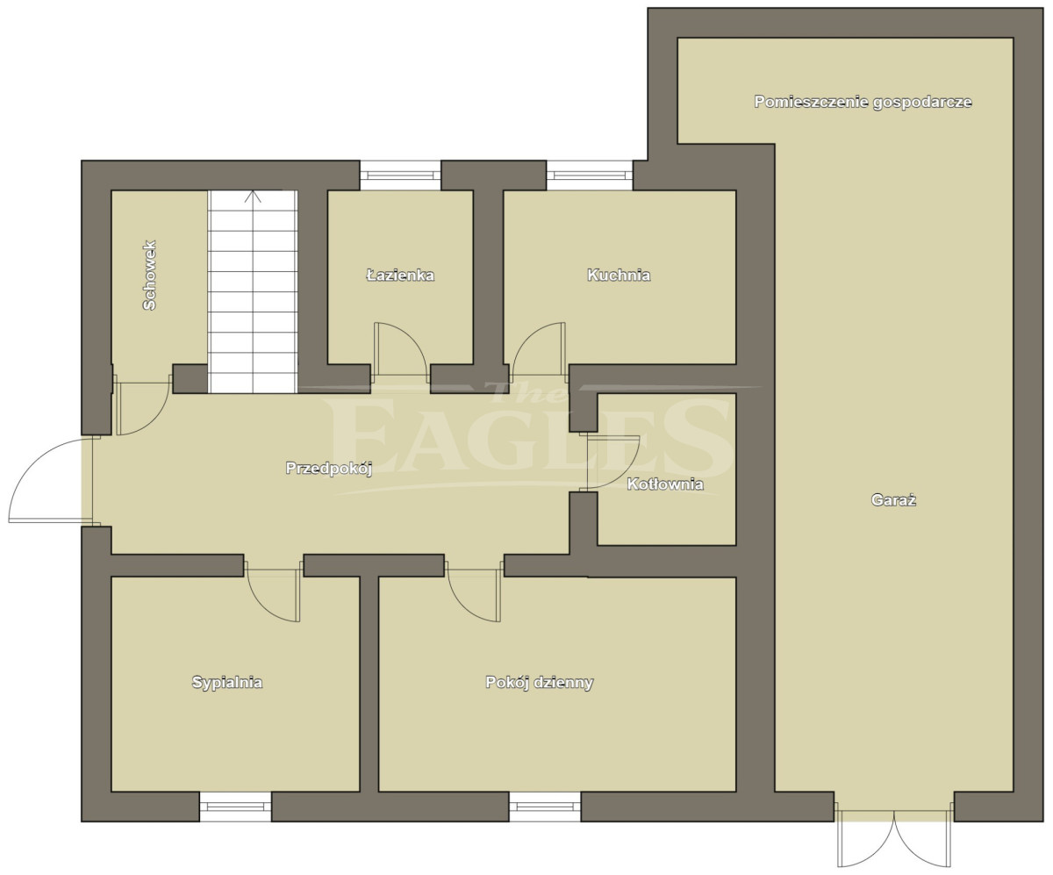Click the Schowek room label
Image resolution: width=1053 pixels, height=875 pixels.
pos(150,275)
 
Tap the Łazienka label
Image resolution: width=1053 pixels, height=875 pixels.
pos(400,275)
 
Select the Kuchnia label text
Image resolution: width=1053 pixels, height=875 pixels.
pos(619,275)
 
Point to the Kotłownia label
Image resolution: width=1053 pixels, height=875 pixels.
pos(664,484)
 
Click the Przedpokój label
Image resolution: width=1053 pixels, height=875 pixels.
pos(329,469)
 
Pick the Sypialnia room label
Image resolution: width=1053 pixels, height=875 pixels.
pos(227,682)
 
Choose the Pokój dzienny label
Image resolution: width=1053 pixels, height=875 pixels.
pos(539,682)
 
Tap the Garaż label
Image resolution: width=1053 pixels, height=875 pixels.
pos(893,499)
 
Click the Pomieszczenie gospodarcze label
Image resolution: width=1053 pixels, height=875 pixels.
pos(863,102)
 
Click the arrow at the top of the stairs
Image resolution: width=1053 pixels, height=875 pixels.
pos(253,197)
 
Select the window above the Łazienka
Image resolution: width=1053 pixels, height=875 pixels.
pos(400,175)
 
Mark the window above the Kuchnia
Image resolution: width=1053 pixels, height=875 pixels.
pos(590,175)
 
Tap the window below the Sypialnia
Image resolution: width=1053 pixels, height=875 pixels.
pos(235,807)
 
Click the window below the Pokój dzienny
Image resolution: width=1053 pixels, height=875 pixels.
pos(545,807)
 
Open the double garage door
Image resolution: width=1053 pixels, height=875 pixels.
pos(893,839)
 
